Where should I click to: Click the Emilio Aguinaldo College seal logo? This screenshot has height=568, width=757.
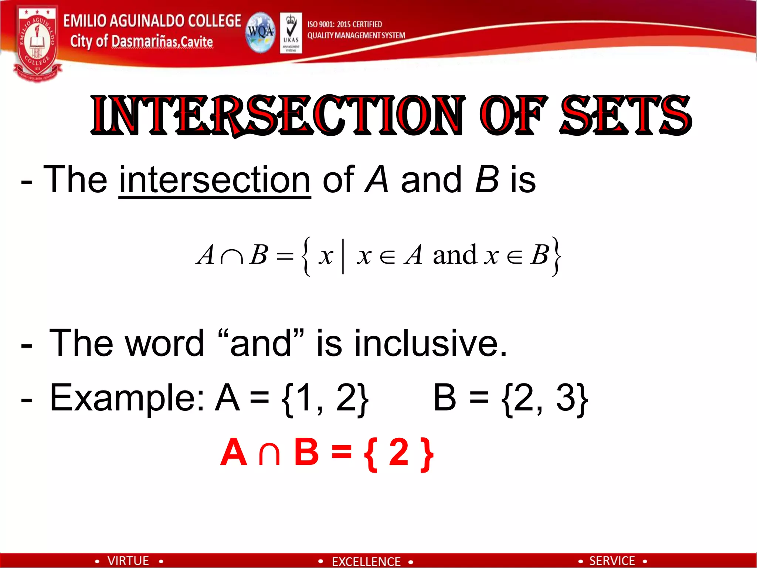tap(37, 43)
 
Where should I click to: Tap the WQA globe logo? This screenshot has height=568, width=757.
tap(261, 33)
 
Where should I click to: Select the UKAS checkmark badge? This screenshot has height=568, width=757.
tap(291, 33)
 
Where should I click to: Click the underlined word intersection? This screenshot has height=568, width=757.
tap(214, 180)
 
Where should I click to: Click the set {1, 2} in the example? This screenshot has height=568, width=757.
tap(325, 399)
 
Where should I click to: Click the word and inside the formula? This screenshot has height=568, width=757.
tap(455, 255)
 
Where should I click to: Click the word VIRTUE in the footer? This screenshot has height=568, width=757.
tap(128, 561)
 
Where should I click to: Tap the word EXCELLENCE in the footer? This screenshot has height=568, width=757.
tap(366, 562)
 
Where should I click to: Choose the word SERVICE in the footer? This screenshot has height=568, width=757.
tap(612, 561)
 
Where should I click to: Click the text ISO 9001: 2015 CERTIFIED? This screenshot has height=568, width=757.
tap(344, 24)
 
